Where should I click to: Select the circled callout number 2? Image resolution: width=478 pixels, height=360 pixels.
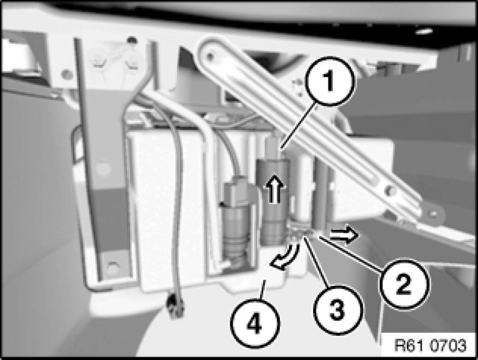(405, 284)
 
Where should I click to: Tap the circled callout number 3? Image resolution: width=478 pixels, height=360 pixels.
(338, 310)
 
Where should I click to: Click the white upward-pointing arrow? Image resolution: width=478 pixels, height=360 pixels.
(275, 188)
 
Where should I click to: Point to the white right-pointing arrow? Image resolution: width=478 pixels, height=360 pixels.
(344, 234)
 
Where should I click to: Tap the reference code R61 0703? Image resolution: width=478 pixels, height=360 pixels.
(430, 345)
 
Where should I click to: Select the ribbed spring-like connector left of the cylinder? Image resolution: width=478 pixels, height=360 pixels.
(236, 241)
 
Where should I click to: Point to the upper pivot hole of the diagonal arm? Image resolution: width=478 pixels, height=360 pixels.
(209, 56)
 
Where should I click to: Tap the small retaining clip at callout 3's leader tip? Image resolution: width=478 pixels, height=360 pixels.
(300, 231)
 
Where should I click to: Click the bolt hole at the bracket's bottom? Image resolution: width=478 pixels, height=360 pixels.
(112, 267)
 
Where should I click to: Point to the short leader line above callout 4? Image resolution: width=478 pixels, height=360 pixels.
(263, 290)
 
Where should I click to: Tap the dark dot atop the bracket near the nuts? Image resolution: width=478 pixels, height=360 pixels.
(132, 39)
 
